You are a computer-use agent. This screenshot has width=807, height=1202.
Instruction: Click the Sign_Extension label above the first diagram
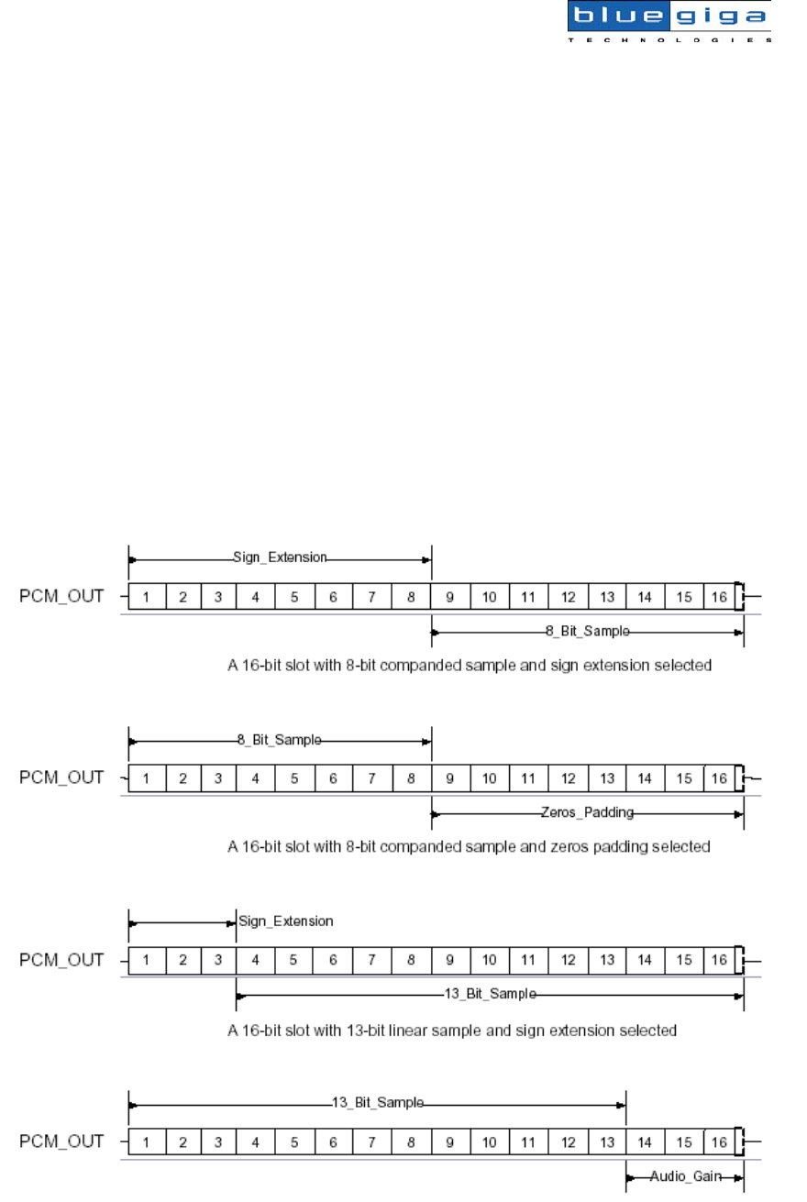pos(280,557)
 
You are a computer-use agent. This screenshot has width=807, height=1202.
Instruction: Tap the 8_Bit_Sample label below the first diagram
pos(587,632)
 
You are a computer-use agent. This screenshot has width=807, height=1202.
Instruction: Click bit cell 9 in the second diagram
pos(450,778)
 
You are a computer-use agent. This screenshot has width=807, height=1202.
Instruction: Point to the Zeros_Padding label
pos(588,812)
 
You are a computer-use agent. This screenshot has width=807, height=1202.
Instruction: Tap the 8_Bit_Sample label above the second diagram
pos(280,739)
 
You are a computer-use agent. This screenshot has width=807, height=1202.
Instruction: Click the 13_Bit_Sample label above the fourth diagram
pos(378,1103)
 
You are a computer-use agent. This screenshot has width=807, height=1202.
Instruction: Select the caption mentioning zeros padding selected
pos(469,846)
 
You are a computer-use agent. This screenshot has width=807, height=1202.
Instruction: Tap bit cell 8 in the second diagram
pos(412,778)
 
